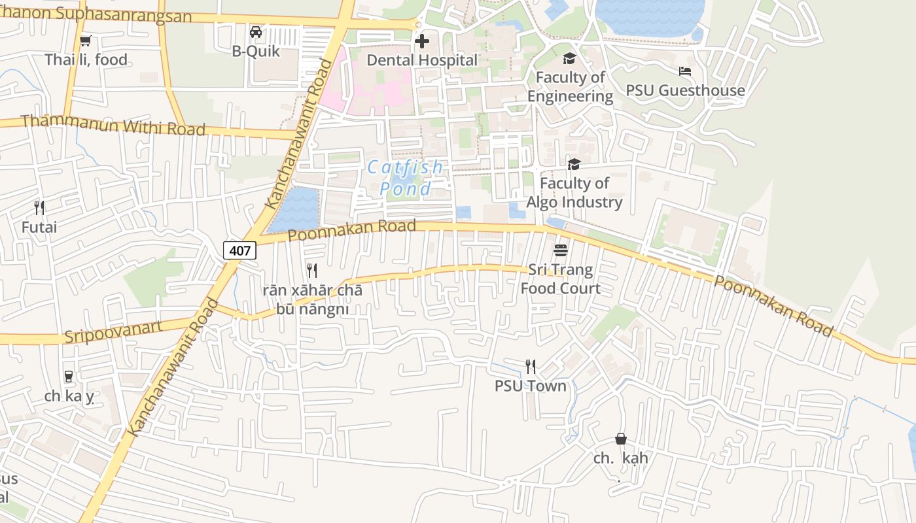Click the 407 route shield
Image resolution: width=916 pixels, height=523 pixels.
point(239,250)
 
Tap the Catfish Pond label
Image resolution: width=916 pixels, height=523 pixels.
point(406,178)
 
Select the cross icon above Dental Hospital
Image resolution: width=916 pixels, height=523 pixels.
point(422,41)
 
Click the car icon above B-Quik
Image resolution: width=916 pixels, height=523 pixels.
point(256,32)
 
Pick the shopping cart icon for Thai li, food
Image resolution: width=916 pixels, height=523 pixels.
point(85,41)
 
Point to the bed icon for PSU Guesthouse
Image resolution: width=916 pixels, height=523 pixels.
point(685,71)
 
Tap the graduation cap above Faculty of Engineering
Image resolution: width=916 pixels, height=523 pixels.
point(569,58)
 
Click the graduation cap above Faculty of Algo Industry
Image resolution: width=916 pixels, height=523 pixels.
point(574,164)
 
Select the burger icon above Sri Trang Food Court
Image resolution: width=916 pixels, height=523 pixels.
point(560,250)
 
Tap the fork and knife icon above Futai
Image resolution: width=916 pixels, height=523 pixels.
point(39,208)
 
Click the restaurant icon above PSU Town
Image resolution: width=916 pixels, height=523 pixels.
point(530,367)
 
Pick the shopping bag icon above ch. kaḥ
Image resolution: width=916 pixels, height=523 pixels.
point(620,439)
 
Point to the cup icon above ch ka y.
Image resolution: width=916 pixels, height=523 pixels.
point(68,377)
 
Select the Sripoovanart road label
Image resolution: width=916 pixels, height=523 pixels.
point(113,332)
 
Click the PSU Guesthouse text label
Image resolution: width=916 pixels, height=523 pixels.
point(685,90)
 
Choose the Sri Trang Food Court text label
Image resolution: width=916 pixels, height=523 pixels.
point(560,279)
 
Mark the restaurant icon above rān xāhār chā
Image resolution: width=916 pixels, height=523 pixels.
point(312,271)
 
